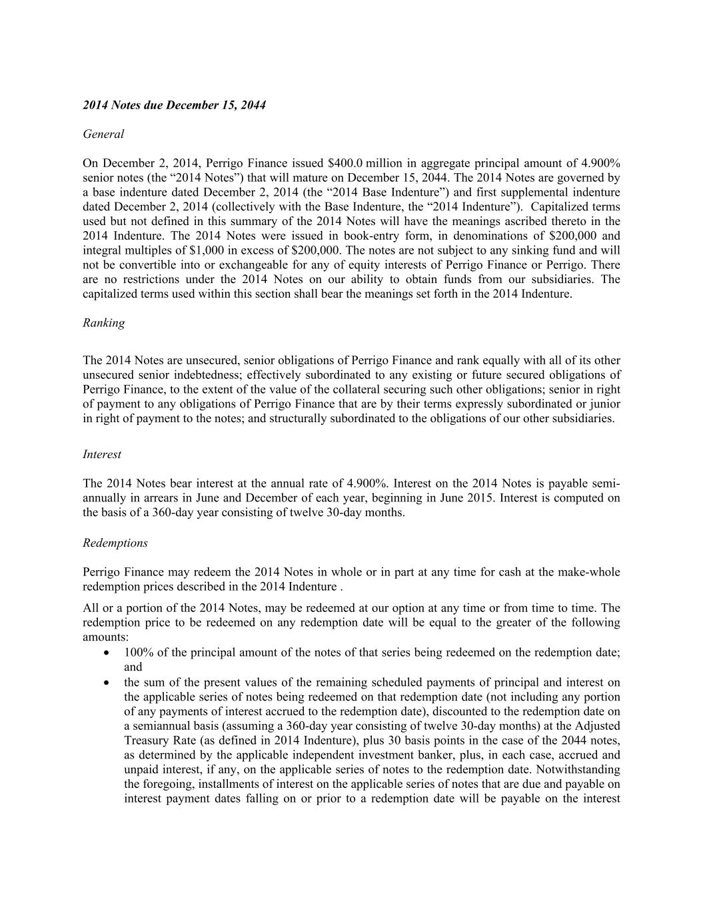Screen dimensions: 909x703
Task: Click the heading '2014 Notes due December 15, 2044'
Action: tap(174, 105)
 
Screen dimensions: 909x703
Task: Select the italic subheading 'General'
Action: tap(103, 134)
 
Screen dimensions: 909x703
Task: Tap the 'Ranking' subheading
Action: tap(103, 323)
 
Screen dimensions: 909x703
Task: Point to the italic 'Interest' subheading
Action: tap(102, 454)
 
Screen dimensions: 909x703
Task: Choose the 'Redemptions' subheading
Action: tap(115, 543)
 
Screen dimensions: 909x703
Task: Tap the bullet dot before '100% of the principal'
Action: tap(108, 653)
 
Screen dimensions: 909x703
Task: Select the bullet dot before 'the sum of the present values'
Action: tap(108, 683)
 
